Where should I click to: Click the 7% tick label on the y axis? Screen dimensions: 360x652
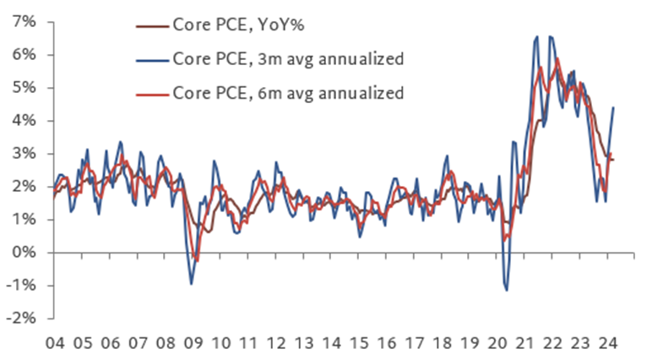[24, 22]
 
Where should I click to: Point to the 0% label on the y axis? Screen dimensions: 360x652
[24, 253]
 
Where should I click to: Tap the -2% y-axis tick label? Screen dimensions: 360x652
[22, 319]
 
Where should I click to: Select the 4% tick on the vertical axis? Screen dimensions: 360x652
[24, 121]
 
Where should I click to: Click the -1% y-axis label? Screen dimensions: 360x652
[22, 286]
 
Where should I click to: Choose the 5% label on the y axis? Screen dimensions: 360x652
[24, 88]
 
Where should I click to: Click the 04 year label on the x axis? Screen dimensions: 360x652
[56, 345]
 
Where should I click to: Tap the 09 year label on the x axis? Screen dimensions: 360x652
[193, 345]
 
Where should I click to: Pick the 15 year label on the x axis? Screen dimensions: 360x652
[359, 345]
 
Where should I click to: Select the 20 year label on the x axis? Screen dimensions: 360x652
[497, 345]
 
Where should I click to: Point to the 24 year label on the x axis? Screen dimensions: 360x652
[606, 345]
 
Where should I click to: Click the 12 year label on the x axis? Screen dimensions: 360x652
[276, 345]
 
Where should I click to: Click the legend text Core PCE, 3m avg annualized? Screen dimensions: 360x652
[288, 58]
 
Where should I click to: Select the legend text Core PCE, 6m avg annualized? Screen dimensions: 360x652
[288, 92]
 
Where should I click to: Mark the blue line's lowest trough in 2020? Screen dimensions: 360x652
[507, 290]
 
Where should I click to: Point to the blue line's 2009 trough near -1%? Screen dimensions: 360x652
[191, 284]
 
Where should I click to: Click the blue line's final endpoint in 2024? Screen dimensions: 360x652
[613, 107]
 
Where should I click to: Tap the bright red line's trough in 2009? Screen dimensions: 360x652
[196, 260]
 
